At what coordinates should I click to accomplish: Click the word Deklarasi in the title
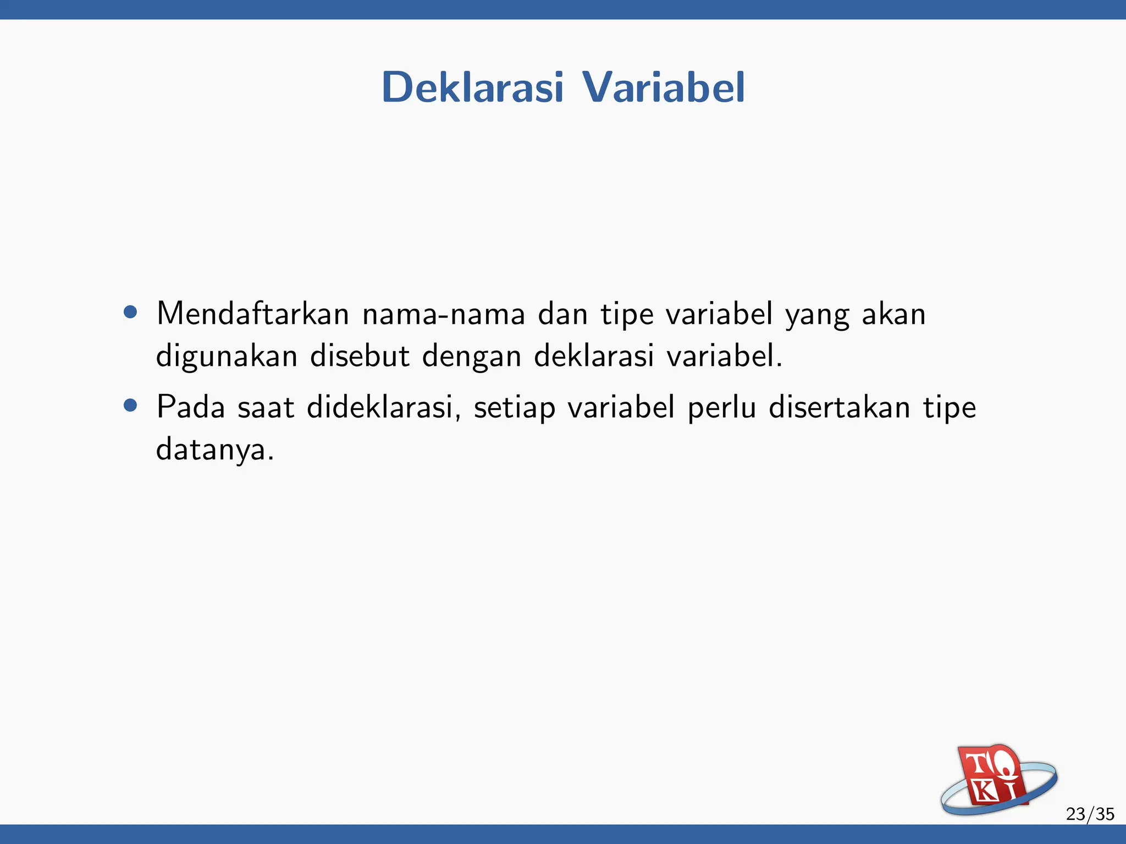[472, 87]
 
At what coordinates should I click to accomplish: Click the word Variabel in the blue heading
[663, 87]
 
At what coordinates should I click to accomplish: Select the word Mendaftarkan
[253, 314]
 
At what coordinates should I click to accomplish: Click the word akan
[894, 314]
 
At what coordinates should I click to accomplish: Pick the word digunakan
[227, 357]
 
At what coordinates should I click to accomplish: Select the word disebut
[360, 356]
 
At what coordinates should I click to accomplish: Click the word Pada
[191, 407]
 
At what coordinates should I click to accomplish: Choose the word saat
[266, 408]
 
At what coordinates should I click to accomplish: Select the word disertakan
[840, 407]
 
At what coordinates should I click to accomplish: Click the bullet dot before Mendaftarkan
[130, 312]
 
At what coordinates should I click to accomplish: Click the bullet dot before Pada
[130, 406]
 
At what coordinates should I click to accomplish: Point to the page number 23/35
[1090, 814]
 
